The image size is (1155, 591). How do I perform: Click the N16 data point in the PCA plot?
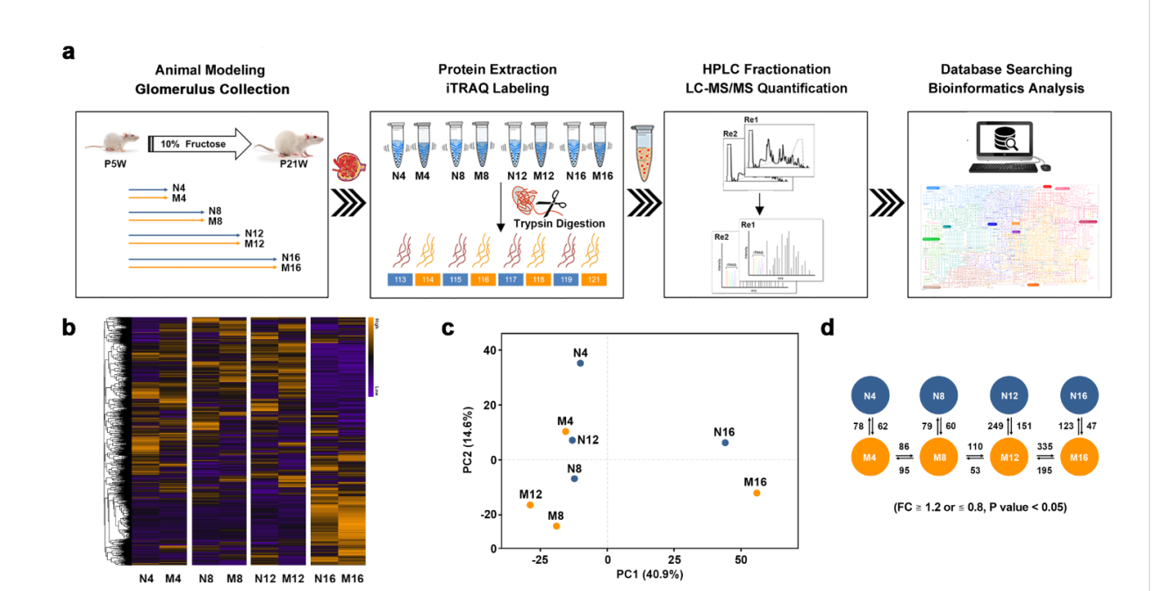[x=725, y=443]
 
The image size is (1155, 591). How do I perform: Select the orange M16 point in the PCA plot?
[x=757, y=494]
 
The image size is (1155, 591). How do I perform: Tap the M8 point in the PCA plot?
[x=556, y=526]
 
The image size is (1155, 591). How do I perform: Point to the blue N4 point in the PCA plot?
[x=580, y=364]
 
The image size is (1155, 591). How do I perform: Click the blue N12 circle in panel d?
[x=1009, y=397]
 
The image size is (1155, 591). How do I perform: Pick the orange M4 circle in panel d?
[x=870, y=458]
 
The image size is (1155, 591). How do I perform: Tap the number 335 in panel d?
[x=1044, y=445]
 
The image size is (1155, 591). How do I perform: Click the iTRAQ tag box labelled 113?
[x=400, y=280]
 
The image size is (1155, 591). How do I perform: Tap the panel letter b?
[x=68, y=328]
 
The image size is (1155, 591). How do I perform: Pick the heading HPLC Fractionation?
[x=765, y=69]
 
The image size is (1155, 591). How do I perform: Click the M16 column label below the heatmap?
[x=352, y=579]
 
